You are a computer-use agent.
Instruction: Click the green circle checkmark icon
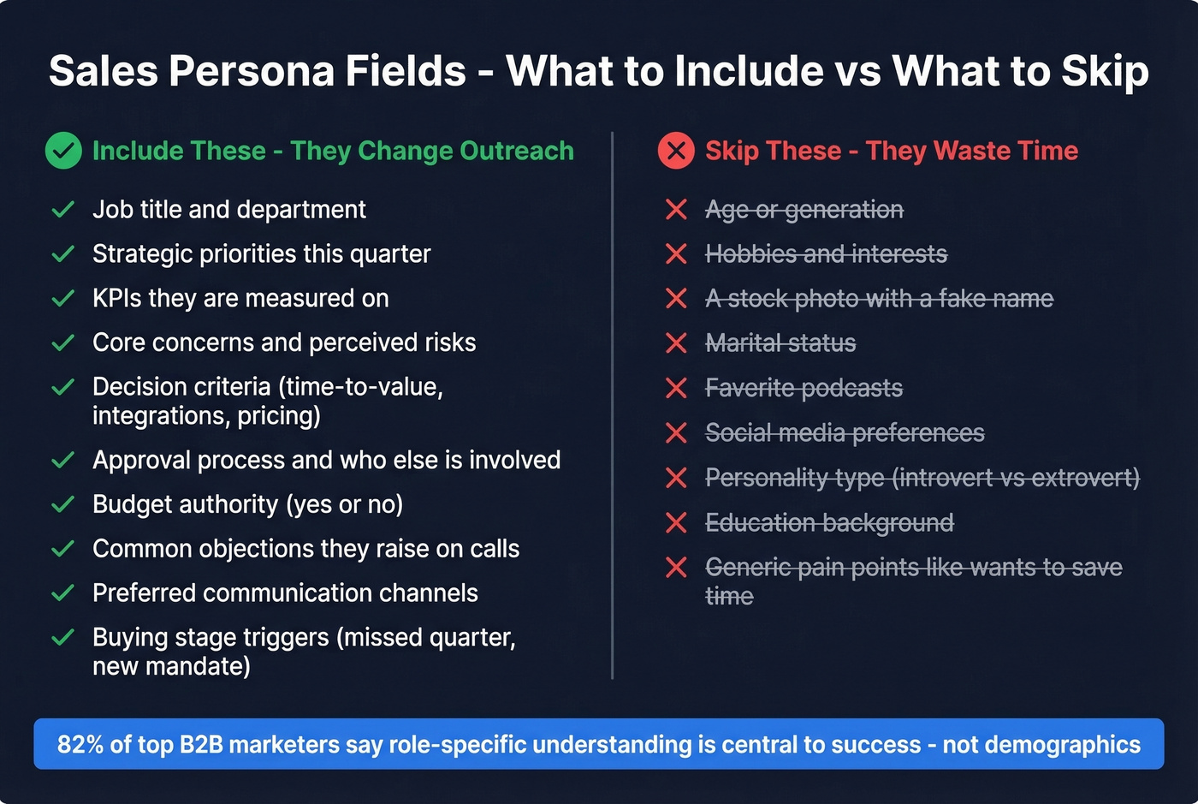pyautogui.click(x=63, y=151)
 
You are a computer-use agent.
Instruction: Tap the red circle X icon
pyautogui.click(x=676, y=151)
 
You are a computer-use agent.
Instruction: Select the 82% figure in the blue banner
pyautogui.click(x=80, y=744)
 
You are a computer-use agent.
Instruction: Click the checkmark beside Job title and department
pyautogui.click(x=63, y=210)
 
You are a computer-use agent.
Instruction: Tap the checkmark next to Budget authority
pyautogui.click(x=63, y=504)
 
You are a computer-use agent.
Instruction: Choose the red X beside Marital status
pyautogui.click(x=676, y=343)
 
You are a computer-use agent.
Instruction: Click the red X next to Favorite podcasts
pyautogui.click(x=676, y=388)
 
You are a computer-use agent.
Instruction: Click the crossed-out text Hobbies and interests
pyautogui.click(x=826, y=254)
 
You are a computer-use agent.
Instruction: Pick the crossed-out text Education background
pyautogui.click(x=829, y=522)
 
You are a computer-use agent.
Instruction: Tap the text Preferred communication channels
pyautogui.click(x=285, y=593)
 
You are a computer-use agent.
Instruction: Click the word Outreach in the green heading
pyautogui.click(x=517, y=151)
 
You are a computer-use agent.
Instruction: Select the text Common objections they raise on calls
pyautogui.click(x=305, y=548)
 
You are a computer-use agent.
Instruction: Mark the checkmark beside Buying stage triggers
pyautogui.click(x=63, y=638)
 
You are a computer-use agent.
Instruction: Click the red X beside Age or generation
pyautogui.click(x=676, y=210)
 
